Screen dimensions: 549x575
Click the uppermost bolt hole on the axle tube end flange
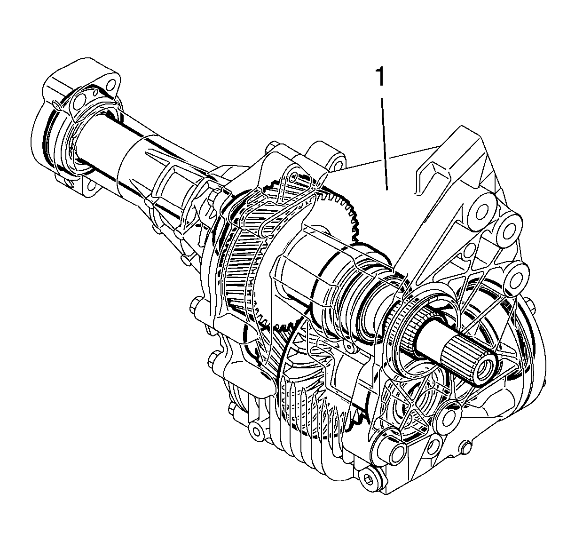click(111, 84)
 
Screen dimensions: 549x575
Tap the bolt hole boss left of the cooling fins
click(256, 429)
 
